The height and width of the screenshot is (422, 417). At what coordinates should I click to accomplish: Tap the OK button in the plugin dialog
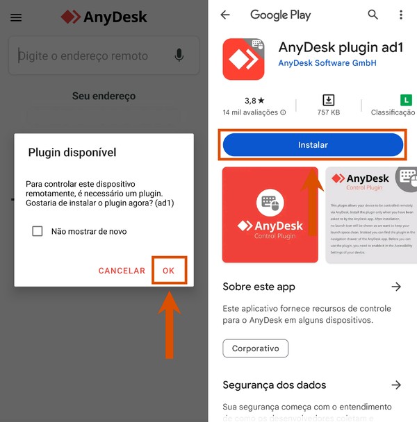coord(169,271)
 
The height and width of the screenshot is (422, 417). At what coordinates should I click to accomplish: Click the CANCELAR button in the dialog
coord(122,271)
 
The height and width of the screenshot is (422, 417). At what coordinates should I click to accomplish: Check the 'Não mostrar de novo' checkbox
coord(38,231)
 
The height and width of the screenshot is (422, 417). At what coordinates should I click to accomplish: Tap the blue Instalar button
coord(313,145)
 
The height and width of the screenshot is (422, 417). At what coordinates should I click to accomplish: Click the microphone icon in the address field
coord(179,56)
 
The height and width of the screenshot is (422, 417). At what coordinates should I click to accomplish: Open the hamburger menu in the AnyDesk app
coord(16,18)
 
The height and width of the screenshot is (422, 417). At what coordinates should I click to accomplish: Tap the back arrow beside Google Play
coord(224,15)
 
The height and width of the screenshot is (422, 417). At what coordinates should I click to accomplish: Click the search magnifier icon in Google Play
coord(373,15)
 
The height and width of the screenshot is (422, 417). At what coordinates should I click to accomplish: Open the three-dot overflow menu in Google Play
coord(401,15)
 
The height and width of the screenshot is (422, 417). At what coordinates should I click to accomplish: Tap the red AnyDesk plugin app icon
coord(243,59)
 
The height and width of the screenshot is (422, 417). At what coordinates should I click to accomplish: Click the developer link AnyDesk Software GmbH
coord(327,63)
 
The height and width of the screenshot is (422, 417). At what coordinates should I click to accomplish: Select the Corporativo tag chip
coord(255,348)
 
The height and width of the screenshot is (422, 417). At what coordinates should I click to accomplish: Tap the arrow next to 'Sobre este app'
coord(396,287)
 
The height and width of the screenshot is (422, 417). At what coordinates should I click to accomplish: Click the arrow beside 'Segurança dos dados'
coord(396,385)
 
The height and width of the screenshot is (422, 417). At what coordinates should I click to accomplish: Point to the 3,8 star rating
coord(255,101)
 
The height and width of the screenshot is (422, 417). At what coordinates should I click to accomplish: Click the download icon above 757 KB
coord(328,101)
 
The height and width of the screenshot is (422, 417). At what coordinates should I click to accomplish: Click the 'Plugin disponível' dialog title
coord(72,152)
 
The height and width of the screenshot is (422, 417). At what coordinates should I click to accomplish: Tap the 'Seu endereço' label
coord(104,96)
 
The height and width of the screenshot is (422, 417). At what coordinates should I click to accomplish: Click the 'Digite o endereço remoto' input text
coord(83,56)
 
